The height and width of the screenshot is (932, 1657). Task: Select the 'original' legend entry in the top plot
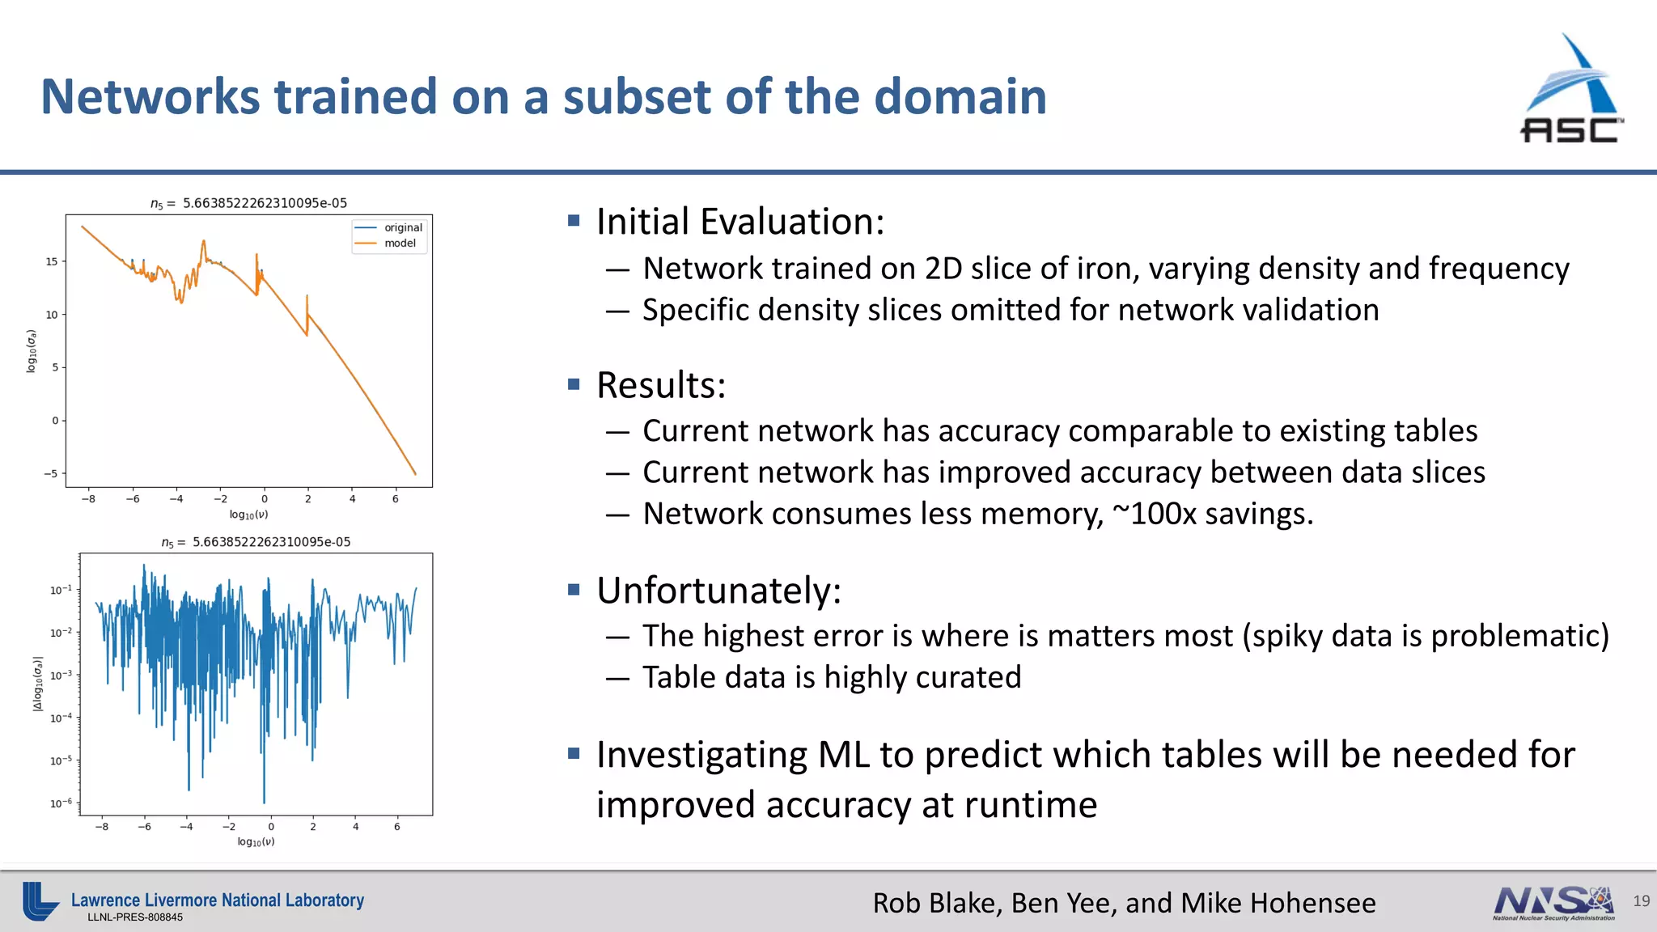coord(403,227)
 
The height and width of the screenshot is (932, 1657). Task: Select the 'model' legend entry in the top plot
coord(400,243)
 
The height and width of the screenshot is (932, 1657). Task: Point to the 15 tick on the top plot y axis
coord(52,261)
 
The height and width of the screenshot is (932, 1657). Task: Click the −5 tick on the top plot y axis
coord(50,473)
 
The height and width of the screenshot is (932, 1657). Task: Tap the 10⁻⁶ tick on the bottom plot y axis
coord(61,803)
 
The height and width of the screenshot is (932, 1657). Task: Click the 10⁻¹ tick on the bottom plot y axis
coord(61,590)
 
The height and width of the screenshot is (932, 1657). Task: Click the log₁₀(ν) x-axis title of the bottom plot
coord(256,841)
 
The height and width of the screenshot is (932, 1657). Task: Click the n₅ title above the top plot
coord(248,203)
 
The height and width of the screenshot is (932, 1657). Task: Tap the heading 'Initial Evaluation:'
coord(740,222)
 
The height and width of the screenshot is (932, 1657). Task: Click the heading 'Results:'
coord(661,385)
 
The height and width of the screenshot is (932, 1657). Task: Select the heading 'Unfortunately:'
coord(718,591)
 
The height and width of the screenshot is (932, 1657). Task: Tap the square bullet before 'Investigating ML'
coord(574,754)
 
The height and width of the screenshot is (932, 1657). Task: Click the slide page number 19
coord(1641,901)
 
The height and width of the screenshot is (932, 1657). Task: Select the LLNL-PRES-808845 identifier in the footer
coord(135,917)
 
